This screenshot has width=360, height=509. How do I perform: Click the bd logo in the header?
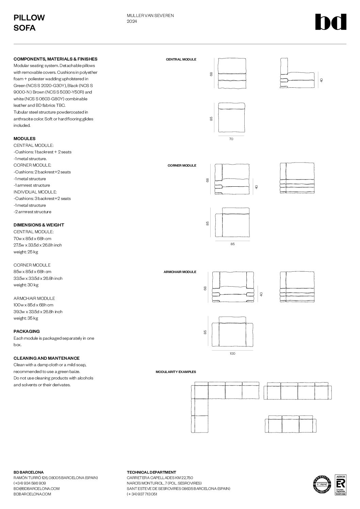point(330,22)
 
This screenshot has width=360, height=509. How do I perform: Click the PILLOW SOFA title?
point(29,23)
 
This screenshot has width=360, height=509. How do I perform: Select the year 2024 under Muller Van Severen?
point(132,21)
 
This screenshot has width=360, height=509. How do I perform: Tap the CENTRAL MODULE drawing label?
point(181,60)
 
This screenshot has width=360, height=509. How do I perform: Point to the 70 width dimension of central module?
point(231,139)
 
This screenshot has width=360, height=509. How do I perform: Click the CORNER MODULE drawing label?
point(182,166)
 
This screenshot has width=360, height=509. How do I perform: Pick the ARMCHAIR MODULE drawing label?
point(180,272)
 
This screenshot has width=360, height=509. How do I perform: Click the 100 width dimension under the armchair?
point(232,354)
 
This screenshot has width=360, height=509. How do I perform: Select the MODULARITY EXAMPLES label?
point(176,372)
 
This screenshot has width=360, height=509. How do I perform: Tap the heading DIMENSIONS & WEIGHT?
point(39,225)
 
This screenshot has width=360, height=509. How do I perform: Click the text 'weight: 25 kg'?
point(26,252)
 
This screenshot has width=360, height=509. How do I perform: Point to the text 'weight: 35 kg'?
point(26,318)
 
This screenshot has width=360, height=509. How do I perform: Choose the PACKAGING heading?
point(27,332)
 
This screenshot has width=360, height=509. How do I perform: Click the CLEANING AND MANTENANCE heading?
point(47,358)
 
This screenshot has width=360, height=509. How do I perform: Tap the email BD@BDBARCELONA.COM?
point(36,489)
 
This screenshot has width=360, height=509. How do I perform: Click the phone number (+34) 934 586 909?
point(30,483)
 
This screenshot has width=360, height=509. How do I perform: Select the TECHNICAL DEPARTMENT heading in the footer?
point(151,472)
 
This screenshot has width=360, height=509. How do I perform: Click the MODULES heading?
point(24,139)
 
